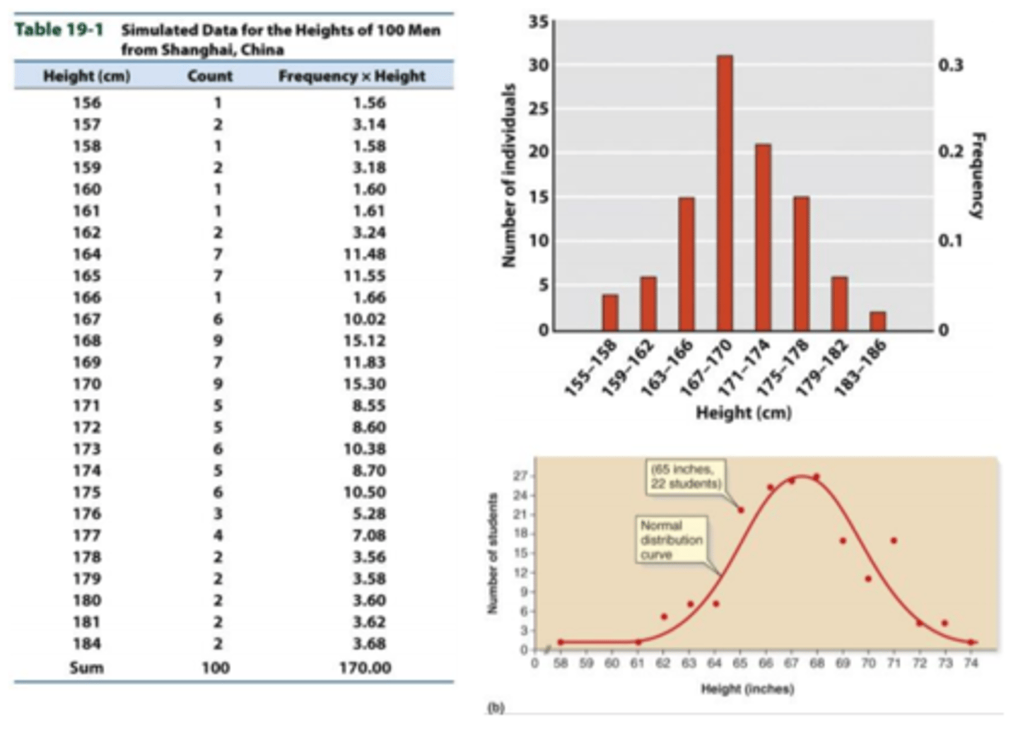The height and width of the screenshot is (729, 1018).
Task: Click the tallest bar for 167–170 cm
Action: click(x=724, y=192)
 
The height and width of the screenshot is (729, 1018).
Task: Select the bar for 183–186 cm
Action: click(x=877, y=321)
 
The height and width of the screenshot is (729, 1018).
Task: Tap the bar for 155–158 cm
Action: click(x=610, y=313)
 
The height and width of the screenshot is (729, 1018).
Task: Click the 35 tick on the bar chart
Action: click(x=539, y=22)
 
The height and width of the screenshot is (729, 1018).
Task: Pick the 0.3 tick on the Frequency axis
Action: click(x=950, y=65)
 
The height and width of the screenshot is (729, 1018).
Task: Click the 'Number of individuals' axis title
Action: click(x=508, y=176)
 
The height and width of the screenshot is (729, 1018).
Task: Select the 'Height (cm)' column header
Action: click(x=86, y=76)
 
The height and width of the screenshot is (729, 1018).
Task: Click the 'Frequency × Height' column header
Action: click(x=351, y=76)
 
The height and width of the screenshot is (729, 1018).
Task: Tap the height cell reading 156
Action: click(x=86, y=103)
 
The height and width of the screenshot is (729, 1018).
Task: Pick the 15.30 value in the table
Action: click(x=365, y=384)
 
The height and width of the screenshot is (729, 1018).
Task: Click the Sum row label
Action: click(x=86, y=667)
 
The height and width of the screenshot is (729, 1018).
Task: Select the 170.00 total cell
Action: click(x=365, y=667)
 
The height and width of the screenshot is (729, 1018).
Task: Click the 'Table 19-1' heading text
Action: click(x=59, y=30)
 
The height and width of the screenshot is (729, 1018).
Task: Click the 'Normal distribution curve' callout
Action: click(x=671, y=540)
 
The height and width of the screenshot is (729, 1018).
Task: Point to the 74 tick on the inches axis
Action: click(x=971, y=663)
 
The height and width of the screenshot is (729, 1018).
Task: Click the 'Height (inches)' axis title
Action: click(x=747, y=689)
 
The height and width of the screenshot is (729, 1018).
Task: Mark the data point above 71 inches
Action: click(x=894, y=541)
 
